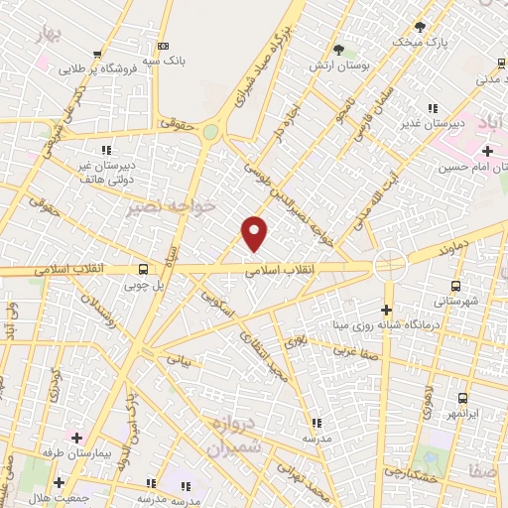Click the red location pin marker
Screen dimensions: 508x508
[x=255, y=233]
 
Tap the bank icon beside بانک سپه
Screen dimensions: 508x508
[x=164, y=46]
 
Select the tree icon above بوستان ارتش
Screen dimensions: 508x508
[x=338, y=50]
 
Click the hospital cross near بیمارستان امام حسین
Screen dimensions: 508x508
[x=486, y=151]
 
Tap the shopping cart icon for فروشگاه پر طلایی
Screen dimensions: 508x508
[x=96, y=56]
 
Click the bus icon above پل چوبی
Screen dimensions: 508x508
[x=144, y=268]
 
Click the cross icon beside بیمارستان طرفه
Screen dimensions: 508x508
[x=76, y=437]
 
